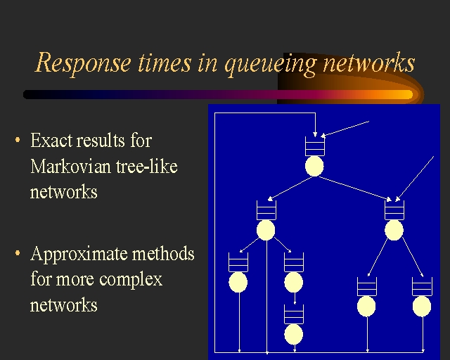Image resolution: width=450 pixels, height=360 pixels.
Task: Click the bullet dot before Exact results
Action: [x=17, y=141]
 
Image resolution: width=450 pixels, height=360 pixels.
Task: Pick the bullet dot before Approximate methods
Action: [x=17, y=254]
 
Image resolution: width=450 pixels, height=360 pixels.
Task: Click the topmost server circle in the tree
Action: [x=314, y=166]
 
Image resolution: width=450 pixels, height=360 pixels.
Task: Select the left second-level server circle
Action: [x=266, y=230]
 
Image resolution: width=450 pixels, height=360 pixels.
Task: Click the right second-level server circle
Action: [x=394, y=230]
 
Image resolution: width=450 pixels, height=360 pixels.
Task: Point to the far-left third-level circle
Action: [x=238, y=282]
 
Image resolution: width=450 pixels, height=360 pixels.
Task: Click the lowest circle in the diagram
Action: [x=294, y=334]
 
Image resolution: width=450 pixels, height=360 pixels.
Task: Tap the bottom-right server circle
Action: [x=422, y=306]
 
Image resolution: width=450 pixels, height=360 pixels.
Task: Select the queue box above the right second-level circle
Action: [x=394, y=210]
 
